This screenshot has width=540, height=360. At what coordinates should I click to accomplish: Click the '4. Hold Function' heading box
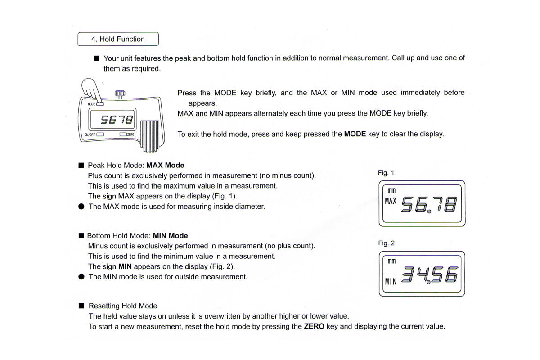tap(118, 39)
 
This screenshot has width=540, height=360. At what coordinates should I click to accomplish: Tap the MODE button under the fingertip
tap(100, 104)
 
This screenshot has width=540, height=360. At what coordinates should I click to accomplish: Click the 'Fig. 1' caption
tap(386, 173)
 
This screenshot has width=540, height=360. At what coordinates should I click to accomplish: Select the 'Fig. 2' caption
tap(386, 243)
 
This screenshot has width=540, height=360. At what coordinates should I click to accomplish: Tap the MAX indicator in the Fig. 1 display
tap(390, 201)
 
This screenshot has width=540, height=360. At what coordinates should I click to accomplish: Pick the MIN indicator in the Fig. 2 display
tap(390, 282)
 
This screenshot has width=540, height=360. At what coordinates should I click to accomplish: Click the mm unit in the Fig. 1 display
tap(391, 190)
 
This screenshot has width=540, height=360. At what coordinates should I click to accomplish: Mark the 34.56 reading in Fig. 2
tap(430, 274)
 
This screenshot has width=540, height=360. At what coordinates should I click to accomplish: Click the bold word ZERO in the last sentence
tap(315, 326)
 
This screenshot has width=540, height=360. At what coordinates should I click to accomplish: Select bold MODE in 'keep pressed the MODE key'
tap(355, 134)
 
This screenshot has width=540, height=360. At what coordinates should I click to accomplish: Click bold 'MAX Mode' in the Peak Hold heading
tap(165, 165)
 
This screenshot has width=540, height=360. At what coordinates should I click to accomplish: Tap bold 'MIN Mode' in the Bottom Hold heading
tap(171, 235)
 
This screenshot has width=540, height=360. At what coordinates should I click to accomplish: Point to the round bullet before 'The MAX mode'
tap(81, 207)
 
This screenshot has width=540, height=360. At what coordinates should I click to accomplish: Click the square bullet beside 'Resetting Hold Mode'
tap(81, 306)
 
